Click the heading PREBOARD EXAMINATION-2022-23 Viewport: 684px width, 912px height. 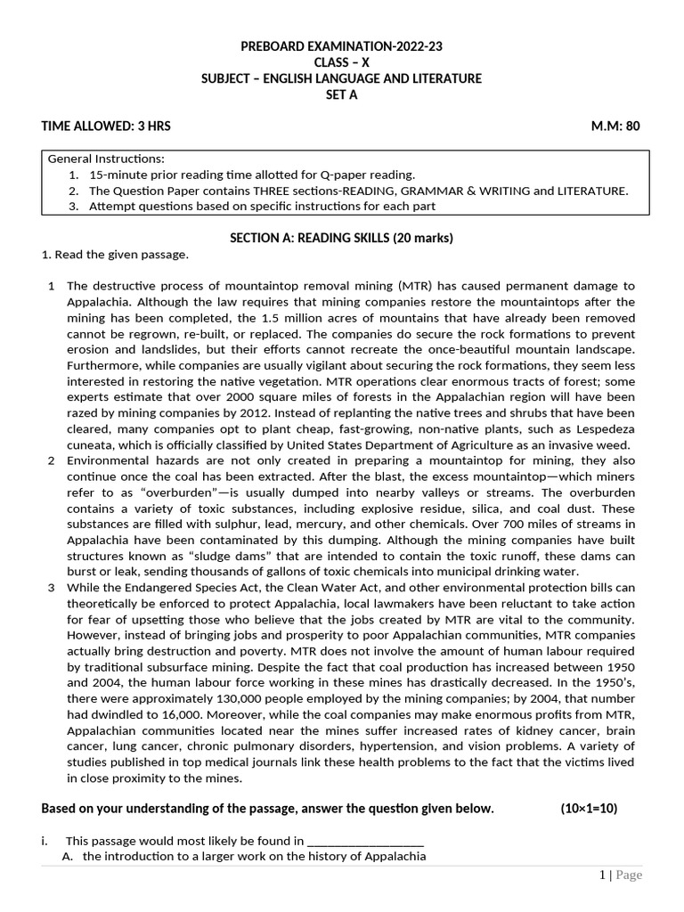341,46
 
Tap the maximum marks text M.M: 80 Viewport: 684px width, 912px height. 615,126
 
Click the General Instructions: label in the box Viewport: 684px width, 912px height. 106,159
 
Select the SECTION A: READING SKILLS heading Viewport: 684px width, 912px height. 341,238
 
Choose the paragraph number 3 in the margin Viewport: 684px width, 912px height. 52,588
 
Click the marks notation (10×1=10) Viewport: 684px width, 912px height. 588,809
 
